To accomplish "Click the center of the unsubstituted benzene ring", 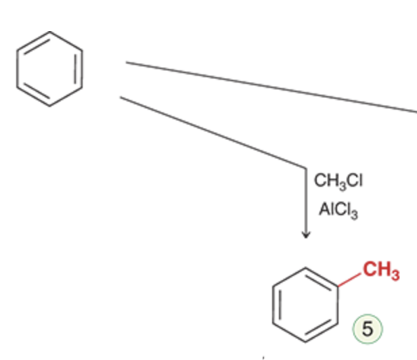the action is pos(49,69).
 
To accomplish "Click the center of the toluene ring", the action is pos(305,305).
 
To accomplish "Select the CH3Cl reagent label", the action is pos(338,181).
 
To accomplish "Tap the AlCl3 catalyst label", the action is pos(338,210).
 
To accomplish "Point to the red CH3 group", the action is pos(381,271).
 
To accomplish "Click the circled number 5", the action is pos(368,329).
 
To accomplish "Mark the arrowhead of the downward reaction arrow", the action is pos(306,235).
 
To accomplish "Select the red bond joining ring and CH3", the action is pos(349,279).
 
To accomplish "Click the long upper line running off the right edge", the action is pos(271,87).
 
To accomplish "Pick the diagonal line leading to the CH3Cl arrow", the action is pos(213,132).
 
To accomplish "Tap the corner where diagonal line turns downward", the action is pos(306,168).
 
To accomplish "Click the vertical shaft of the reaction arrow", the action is pos(306,202).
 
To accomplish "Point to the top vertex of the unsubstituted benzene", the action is pos(49,32).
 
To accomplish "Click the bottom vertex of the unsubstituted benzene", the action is pos(49,106).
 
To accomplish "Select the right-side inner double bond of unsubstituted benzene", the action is pos(75,69).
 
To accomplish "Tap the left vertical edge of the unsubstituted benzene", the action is pos(17,69).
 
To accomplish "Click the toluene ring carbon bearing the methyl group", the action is pos(338,286).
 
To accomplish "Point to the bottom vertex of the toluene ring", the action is pos(305,342).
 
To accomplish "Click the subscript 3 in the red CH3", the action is pos(395,275).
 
